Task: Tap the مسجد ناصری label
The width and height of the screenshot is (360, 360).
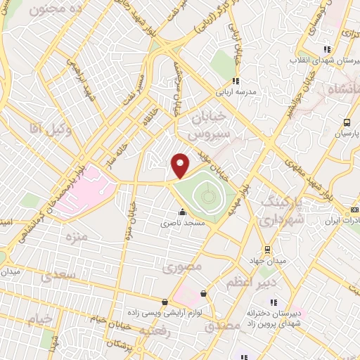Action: (x=182, y=223)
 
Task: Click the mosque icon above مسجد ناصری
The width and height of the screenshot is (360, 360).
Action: (x=182, y=212)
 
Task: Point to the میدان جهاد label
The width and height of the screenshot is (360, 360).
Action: (x=266, y=262)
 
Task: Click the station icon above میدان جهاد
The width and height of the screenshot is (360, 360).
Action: (x=266, y=250)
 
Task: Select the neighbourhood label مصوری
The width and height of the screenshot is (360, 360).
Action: (x=182, y=267)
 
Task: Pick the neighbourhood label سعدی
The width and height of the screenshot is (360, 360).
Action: (x=56, y=275)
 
